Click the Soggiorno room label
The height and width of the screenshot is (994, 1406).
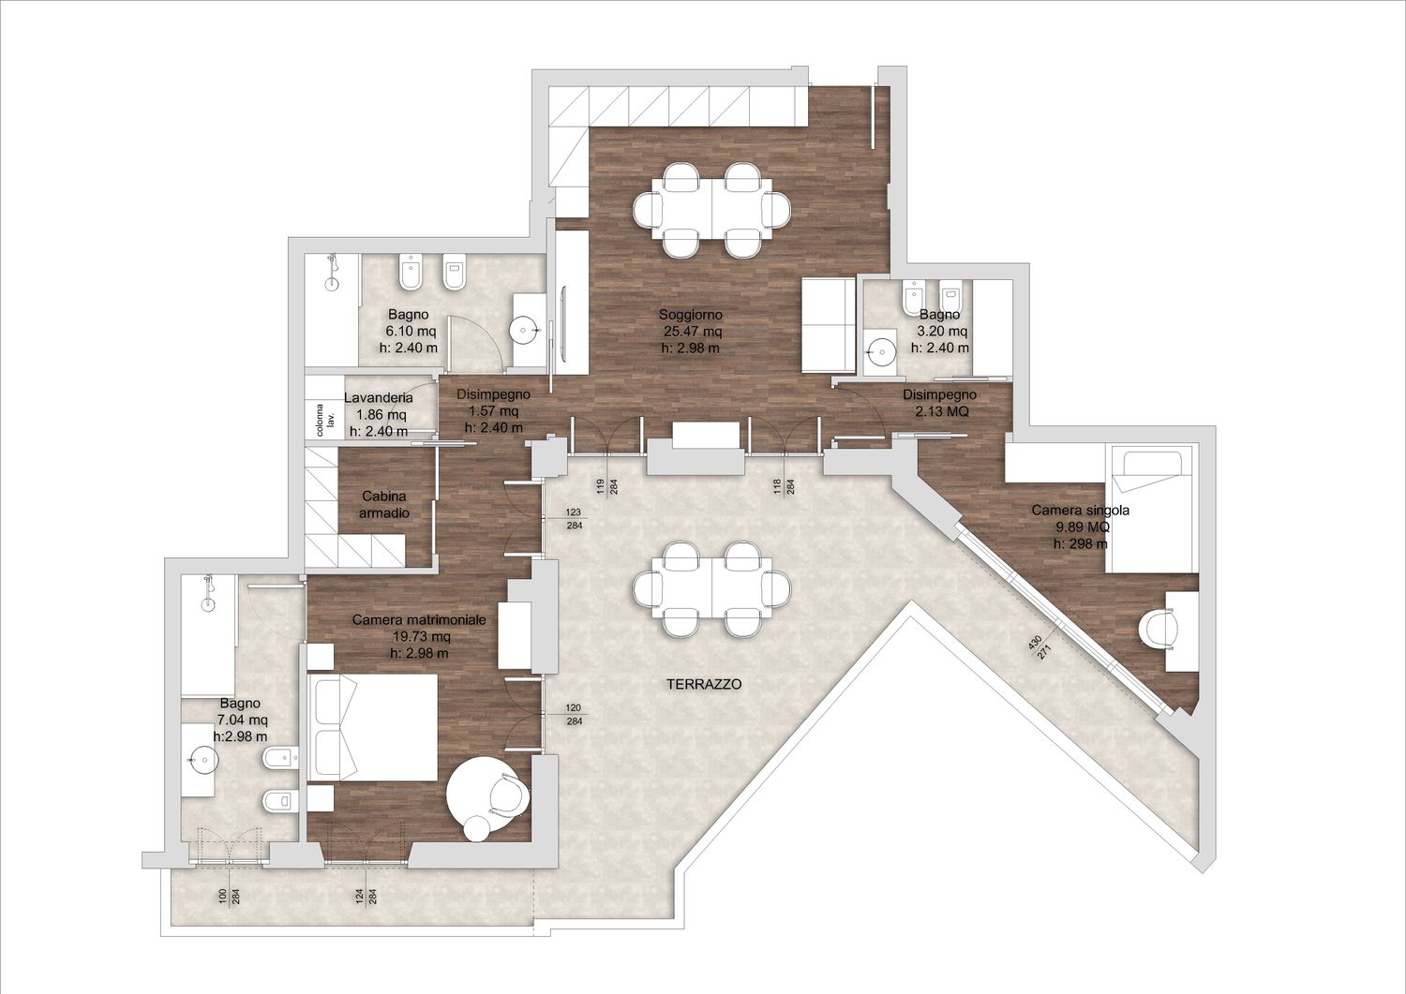[690, 315]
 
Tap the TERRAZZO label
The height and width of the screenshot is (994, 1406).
[704, 684]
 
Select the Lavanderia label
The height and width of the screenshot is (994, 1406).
[379, 398]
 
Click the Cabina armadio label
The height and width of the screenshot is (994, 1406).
[384, 505]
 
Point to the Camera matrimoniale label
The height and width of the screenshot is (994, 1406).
[419, 620]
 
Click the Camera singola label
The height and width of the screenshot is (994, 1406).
[1080, 511]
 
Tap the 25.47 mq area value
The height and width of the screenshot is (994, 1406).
[693, 331]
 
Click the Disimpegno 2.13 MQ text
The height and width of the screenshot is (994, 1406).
[939, 403]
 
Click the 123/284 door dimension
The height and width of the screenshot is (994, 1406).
[574, 519]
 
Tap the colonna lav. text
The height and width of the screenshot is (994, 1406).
[325, 419]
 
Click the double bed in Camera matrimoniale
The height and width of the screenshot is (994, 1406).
[372, 727]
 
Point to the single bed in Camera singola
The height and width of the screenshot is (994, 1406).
[1152, 510]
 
